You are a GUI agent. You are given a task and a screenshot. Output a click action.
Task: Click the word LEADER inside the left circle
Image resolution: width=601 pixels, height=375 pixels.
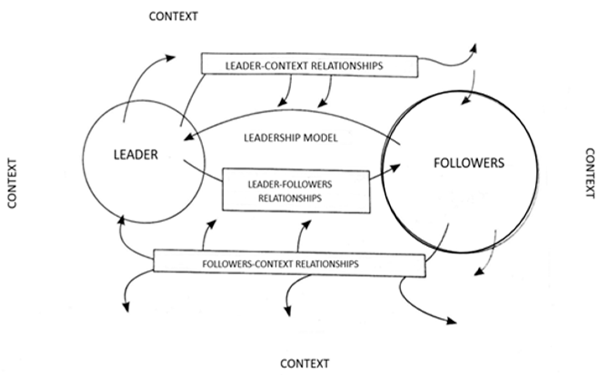[136, 154]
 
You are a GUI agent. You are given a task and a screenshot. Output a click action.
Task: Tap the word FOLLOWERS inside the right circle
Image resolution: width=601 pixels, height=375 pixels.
[469, 163]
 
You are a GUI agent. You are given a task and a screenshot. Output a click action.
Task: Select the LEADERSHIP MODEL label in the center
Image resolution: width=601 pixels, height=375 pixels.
[291, 138]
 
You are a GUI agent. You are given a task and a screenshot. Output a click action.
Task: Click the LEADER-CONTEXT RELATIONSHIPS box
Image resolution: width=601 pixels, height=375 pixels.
[309, 66]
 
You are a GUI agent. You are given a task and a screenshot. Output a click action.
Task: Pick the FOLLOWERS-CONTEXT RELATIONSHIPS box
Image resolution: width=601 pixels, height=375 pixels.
[289, 264]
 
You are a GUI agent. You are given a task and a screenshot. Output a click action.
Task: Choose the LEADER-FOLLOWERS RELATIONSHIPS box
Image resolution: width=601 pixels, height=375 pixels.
[296, 191]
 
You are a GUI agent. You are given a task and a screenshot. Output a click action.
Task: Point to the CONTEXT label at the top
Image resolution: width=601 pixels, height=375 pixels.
[173, 16]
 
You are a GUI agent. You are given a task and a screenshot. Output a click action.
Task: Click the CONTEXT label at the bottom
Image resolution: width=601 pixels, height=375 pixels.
[305, 363]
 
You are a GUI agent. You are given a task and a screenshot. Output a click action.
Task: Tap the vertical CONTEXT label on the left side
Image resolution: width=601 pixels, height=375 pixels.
[12, 183]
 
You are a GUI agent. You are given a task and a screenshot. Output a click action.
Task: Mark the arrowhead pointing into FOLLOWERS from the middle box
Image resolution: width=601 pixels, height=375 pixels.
[396, 167]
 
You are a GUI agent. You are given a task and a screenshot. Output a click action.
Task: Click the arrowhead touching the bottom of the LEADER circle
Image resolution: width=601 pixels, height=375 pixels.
[121, 220]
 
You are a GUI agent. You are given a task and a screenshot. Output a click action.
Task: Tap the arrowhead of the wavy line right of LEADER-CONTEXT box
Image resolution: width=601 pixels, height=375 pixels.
[474, 49]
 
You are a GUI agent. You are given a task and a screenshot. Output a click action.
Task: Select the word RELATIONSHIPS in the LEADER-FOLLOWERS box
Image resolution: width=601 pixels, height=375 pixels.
[290, 198]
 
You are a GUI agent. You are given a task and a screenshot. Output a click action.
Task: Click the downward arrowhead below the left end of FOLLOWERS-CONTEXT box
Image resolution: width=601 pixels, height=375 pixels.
[126, 307]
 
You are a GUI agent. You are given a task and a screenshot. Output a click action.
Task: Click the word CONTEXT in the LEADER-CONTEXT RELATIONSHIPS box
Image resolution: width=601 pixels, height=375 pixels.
[286, 66]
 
